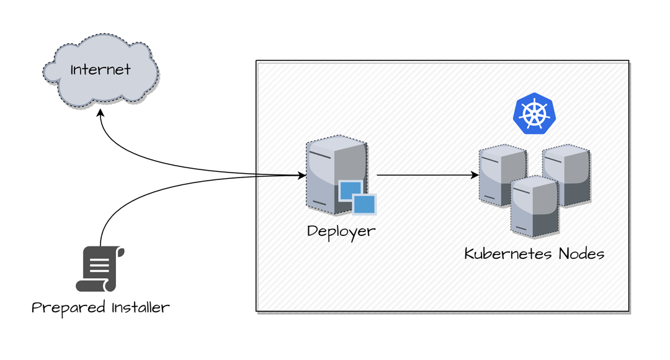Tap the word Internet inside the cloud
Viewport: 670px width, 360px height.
[100, 69]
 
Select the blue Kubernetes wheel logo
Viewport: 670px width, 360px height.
[534, 114]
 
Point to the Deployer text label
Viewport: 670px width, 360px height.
[341, 232]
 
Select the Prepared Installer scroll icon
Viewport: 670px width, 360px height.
[99, 269]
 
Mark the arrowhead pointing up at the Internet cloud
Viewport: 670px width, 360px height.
[100, 114]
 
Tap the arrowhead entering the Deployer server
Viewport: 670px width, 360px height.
[302, 176]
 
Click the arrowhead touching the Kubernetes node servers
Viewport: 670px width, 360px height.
[475, 175]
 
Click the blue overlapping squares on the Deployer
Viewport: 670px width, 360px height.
[357, 197]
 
